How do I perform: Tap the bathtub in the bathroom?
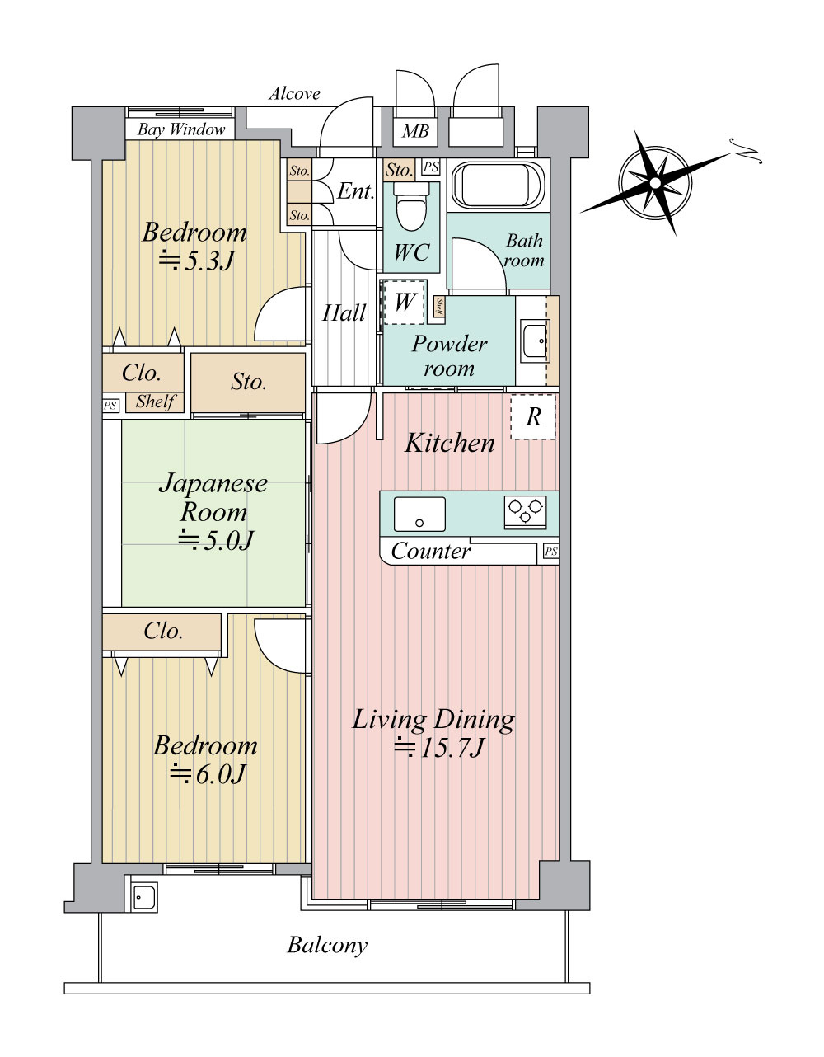tap(499, 186)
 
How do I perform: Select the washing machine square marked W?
tap(404, 303)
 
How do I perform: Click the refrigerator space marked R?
tap(533, 417)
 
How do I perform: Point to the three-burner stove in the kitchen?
tap(525, 512)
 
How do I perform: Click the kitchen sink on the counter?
tap(419, 514)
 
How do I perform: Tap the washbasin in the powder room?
tap(536, 341)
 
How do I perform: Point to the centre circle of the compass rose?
tap(655, 183)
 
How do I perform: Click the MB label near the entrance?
tap(415, 131)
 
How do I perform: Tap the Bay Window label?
tap(180, 129)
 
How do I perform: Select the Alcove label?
tap(295, 93)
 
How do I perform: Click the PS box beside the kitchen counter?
tap(550, 552)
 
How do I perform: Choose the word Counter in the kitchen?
tap(431, 551)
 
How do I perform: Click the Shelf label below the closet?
tap(155, 402)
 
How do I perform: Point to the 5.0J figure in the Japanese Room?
tap(216, 540)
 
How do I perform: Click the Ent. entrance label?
tap(356, 191)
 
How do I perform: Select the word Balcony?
tap(327, 946)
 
